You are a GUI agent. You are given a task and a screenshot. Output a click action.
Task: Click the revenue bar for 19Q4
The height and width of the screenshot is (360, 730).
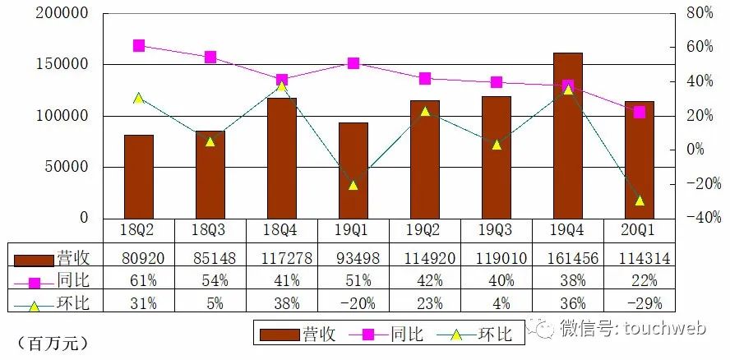567,136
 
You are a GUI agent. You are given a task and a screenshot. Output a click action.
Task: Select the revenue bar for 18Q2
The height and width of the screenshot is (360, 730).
138,176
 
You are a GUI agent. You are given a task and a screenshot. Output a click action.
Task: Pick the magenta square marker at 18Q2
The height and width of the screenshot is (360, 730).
139,46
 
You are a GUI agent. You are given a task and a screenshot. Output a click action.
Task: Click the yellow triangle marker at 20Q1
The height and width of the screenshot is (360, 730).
640,201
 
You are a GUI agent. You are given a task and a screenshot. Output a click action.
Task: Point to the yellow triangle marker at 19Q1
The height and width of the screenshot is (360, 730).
353,185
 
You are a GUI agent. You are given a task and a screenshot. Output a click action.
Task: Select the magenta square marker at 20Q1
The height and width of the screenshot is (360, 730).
640,112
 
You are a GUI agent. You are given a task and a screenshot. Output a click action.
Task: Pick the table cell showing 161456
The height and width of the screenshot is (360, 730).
567,259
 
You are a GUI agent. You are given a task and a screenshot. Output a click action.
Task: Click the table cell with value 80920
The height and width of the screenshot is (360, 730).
138,259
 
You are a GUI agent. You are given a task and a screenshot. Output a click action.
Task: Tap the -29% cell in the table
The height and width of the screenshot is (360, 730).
639,302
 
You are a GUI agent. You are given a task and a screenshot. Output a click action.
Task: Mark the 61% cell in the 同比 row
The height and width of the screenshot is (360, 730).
138,281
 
